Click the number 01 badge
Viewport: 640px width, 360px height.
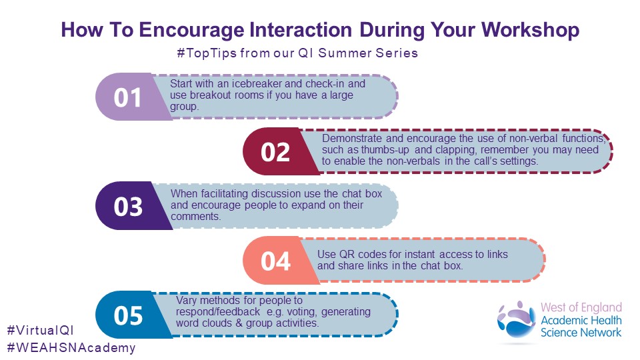tap(127, 97)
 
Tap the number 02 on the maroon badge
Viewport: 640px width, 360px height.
tap(275, 152)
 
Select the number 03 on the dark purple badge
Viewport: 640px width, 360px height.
tap(128, 207)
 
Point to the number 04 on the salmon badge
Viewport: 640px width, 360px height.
tap(275, 261)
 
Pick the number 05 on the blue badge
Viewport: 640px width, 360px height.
tap(128, 315)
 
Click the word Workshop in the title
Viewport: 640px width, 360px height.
tap(530, 30)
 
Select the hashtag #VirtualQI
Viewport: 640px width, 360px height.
tap(41, 330)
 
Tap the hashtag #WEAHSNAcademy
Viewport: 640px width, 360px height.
tap(71, 348)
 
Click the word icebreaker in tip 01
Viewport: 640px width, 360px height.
tap(257, 84)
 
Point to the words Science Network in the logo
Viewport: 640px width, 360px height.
tap(581, 333)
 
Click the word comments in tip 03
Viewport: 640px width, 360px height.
tap(195, 216)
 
